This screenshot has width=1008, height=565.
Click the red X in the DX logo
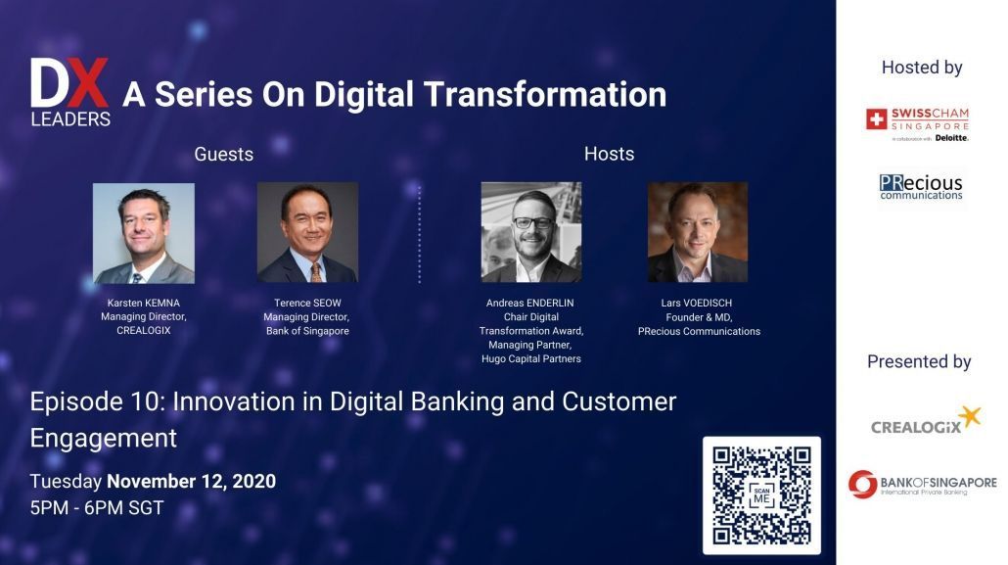88,82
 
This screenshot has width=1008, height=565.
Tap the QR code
761,495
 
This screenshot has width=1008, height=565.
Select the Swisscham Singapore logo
917,124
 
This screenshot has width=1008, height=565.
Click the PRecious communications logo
921,187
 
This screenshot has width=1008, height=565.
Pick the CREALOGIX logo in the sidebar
926,420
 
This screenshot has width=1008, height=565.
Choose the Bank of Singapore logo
923,484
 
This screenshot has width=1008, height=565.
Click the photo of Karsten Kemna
143,233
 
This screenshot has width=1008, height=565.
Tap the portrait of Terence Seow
307,232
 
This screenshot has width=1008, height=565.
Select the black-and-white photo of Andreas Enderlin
531,232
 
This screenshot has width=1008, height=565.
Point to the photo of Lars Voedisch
698,232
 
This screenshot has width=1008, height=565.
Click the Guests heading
224,155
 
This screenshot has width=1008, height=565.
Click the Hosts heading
609,154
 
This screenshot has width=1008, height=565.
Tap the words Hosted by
922,68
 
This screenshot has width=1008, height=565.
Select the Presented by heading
919,361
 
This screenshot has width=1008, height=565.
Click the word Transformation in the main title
544,94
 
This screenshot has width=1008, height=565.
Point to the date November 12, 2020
191,482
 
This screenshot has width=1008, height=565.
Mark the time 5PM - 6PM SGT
97,508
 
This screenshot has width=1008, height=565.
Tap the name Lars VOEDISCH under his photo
696,304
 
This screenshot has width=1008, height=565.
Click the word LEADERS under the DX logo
70,119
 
